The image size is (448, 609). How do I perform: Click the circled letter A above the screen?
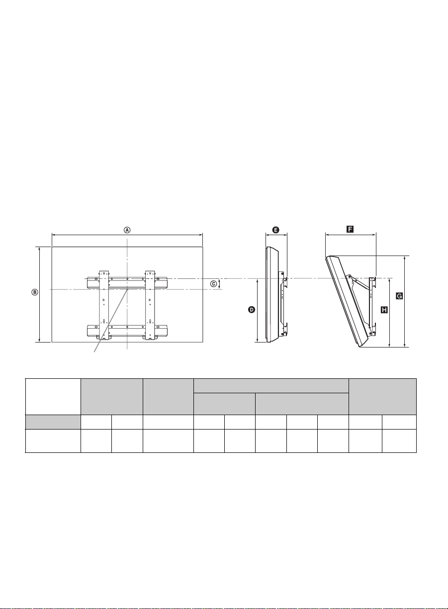coord(127,230)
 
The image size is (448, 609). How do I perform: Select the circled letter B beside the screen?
coord(35,292)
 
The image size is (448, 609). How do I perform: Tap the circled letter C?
coord(214,284)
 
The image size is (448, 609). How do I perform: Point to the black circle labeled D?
coord(252,309)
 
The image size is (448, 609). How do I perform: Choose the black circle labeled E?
coord(275,230)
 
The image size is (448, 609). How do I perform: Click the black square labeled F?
coord(350,230)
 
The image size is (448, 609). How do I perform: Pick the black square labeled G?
coord(399,296)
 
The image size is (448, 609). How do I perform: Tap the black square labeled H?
coord(384,310)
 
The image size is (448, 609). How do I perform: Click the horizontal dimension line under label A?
coord(127,235)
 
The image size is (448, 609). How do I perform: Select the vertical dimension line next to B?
coord(40,294)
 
